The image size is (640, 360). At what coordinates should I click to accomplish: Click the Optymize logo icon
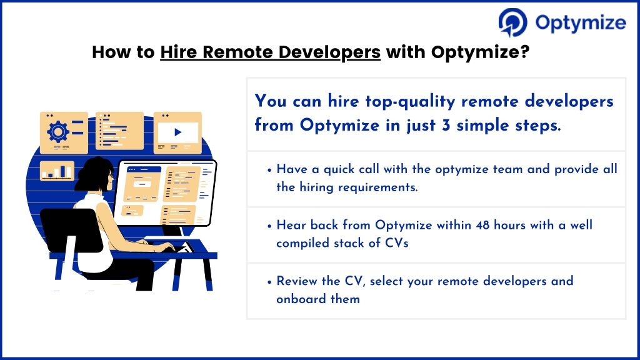tap(512, 22)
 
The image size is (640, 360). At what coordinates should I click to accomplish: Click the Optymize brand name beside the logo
tap(581, 23)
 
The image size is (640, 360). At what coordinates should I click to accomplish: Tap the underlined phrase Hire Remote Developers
tap(270, 52)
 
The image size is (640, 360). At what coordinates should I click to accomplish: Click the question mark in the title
tap(525, 51)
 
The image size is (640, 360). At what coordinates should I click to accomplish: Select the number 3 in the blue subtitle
tap(446, 125)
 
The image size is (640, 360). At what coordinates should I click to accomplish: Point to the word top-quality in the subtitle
tap(410, 102)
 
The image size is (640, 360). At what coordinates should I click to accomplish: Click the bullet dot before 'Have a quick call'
tap(269, 170)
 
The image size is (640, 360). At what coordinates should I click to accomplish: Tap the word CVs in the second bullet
tap(397, 243)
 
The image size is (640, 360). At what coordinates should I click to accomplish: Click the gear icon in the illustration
tap(58, 131)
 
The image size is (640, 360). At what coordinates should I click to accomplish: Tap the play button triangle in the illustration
tap(178, 132)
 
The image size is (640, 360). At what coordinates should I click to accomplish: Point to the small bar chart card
tap(57, 171)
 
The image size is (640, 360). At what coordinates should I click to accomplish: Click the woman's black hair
tap(94, 174)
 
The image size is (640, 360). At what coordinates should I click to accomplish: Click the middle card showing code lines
tap(119, 131)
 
